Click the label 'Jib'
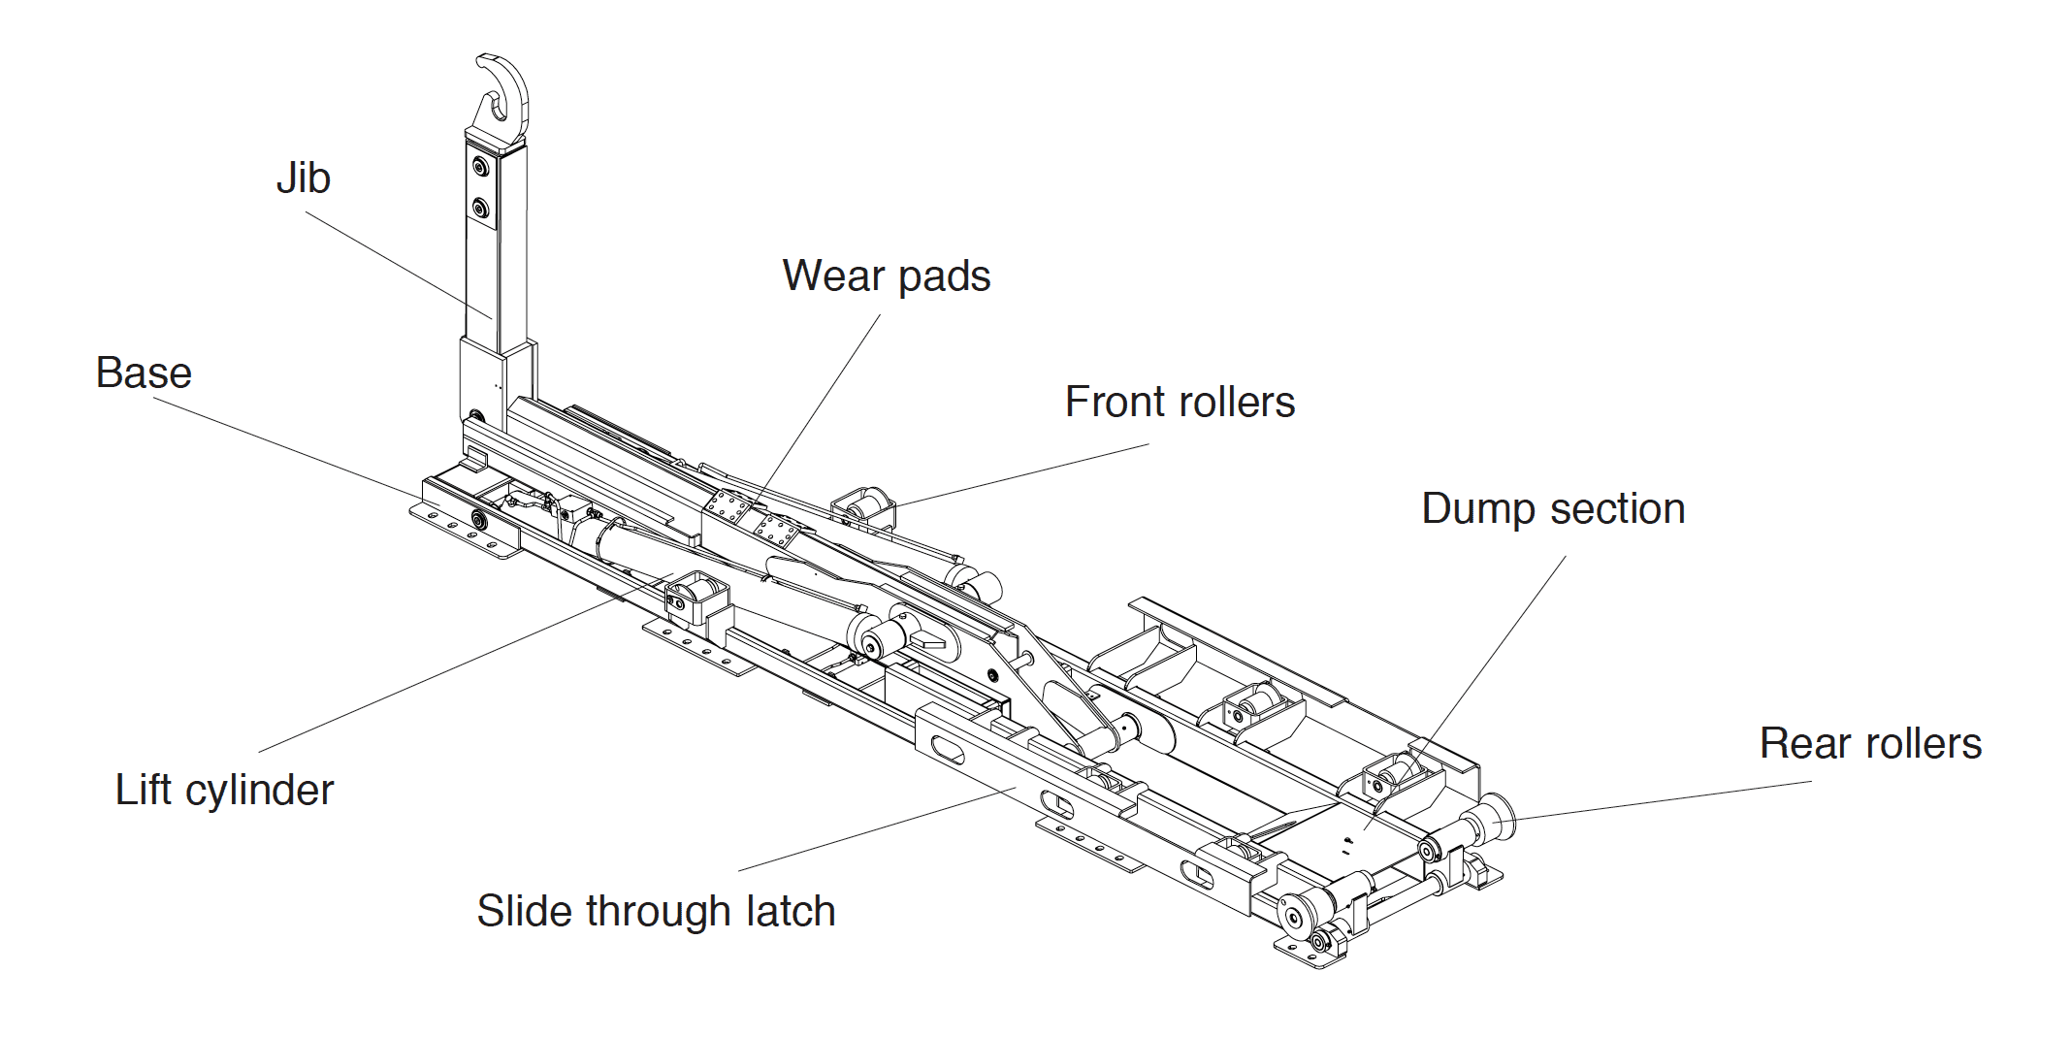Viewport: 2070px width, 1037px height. [304, 178]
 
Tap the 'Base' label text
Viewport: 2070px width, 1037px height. [144, 373]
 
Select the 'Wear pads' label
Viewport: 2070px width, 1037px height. [886, 276]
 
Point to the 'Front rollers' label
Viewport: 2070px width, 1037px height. [1179, 403]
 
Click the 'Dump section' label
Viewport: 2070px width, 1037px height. [1552, 509]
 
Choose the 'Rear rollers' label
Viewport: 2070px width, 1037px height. [1869, 744]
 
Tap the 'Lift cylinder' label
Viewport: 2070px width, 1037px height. [224, 791]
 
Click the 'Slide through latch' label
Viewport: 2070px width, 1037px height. [656, 912]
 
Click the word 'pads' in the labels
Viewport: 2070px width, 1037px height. [944, 276]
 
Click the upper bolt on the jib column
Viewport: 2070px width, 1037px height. [479, 168]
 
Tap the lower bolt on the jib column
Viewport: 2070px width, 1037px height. [479, 208]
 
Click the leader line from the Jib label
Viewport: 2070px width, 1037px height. [398, 264]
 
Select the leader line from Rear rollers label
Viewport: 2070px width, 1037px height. [1659, 800]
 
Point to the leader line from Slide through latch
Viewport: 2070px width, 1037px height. [873, 830]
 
